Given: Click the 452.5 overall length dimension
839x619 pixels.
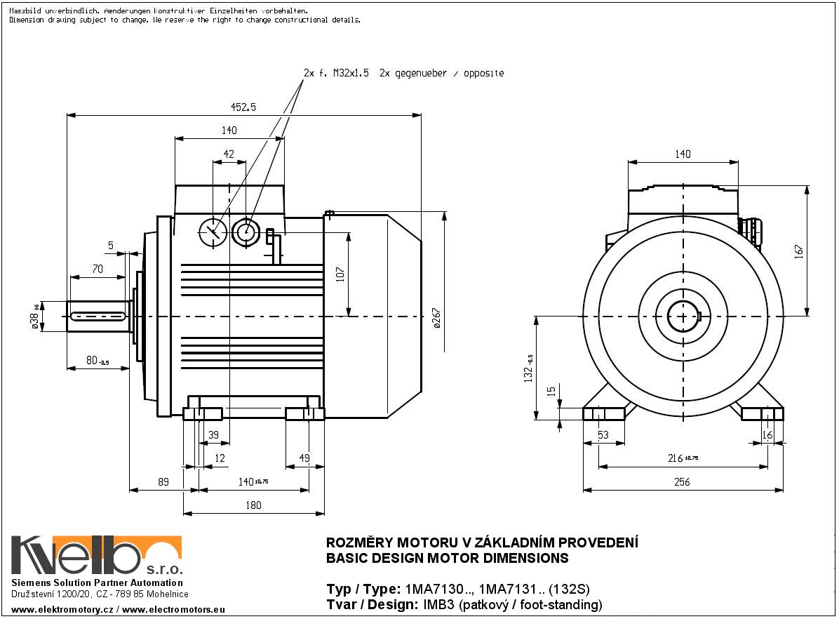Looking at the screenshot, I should pyautogui.click(x=243, y=107).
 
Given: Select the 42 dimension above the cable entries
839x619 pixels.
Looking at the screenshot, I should pyautogui.click(x=229, y=154).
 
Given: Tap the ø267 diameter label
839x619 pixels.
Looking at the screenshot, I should pyautogui.click(x=436, y=319).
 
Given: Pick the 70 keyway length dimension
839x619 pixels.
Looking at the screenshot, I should pyautogui.click(x=98, y=268).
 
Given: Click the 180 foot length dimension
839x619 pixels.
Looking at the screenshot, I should pyautogui.click(x=253, y=505).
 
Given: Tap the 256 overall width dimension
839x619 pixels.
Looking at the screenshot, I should pyautogui.click(x=682, y=481).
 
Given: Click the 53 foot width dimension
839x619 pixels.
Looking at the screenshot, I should pyautogui.click(x=603, y=435).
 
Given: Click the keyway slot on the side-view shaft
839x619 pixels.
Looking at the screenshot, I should pyautogui.click(x=98, y=317).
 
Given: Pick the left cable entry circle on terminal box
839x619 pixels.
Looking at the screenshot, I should pyautogui.click(x=212, y=231).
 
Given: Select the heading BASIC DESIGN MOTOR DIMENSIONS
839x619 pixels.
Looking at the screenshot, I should pyautogui.click(x=448, y=559).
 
